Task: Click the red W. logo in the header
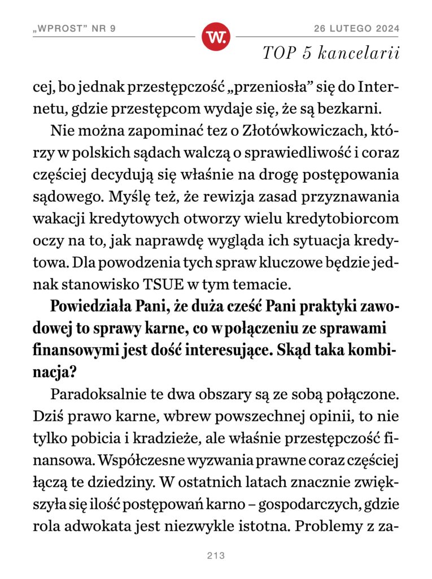216,37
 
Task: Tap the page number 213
216,556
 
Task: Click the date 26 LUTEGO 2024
357,29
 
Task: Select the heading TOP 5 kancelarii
331,53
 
